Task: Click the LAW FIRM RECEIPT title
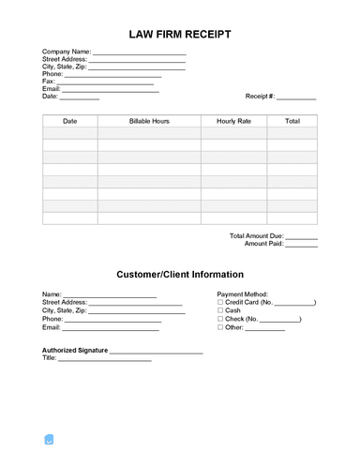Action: point(180,33)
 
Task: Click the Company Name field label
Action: point(66,52)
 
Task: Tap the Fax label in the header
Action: point(49,82)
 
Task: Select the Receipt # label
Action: point(260,97)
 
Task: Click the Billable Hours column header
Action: point(149,122)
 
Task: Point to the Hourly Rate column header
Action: point(233,122)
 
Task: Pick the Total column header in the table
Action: point(292,122)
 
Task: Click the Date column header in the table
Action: point(70,122)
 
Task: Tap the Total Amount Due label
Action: point(256,235)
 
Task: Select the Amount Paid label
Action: point(263,244)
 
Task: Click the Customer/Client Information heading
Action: point(180,275)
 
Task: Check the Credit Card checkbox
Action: point(220,303)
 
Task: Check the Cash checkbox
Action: point(220,311)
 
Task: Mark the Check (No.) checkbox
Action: point(220,320)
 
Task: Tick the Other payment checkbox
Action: point(220,328)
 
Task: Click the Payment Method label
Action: point(243,294)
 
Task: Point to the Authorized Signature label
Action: point(75,351)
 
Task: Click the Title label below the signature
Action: point(50,359)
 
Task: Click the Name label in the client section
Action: point(52,294)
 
